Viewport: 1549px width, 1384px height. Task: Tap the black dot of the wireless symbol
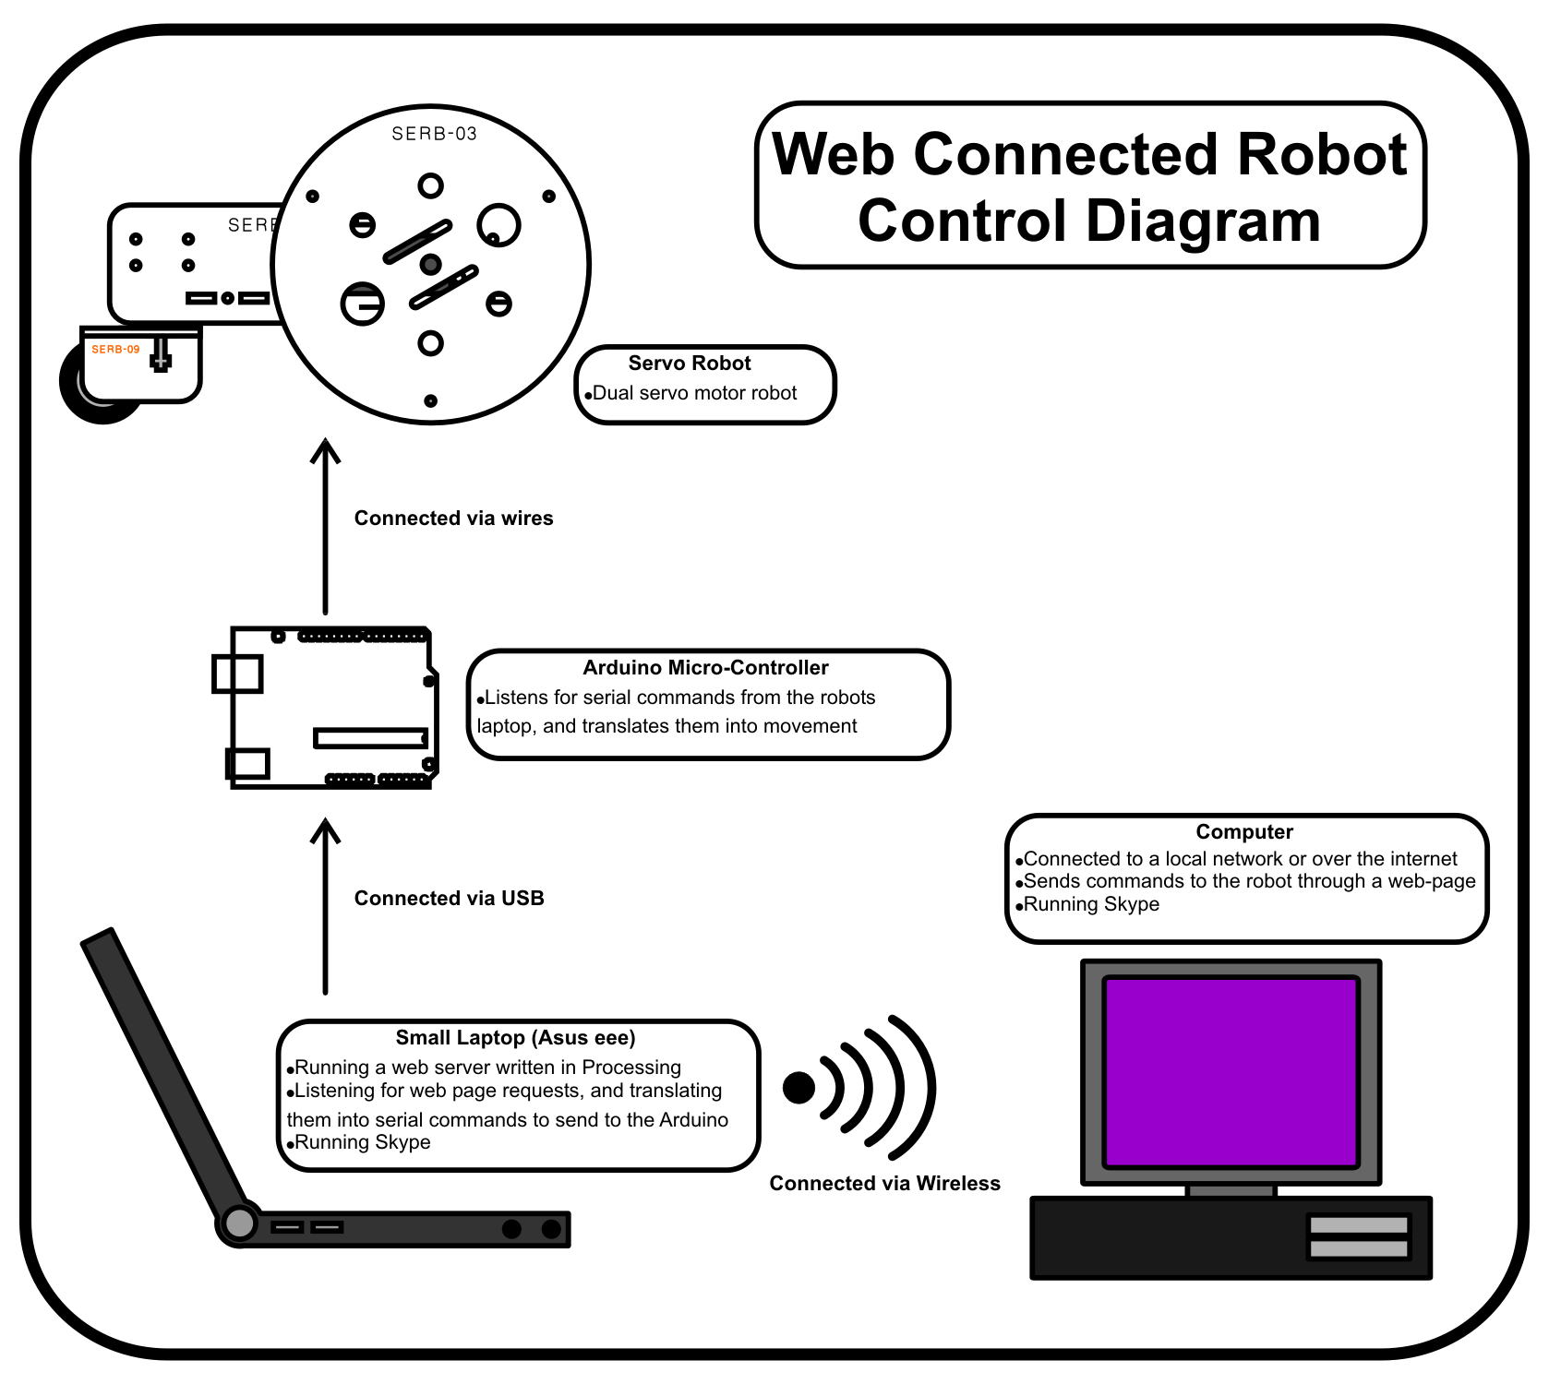[799, 1088]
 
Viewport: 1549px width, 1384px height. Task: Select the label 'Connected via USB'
[449, 898]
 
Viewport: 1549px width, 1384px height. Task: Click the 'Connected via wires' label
[453, 518]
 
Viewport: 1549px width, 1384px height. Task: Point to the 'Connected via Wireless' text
[884, 1183]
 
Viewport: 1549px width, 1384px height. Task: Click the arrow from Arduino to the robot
[325, 526]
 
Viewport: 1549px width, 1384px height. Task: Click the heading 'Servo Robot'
[689, 363]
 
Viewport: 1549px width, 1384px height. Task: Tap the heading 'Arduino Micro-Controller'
[705, 667]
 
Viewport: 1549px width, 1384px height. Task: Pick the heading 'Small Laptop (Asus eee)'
[515, 1037]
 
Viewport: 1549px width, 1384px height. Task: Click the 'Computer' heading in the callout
[1243, 831]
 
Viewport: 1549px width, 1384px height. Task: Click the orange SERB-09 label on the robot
[115, 349]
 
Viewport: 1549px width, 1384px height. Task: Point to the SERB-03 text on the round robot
[434, 134]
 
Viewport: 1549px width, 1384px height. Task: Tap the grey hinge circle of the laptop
[239, 1223]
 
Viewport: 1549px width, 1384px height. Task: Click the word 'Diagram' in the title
[1088, 221]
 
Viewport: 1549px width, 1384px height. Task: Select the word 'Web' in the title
[833, 154]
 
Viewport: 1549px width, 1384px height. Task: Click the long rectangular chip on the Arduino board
[370, 738]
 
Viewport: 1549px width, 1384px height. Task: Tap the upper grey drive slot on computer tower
[1358, 1225]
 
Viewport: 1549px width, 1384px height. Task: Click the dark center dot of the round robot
[430, 265]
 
